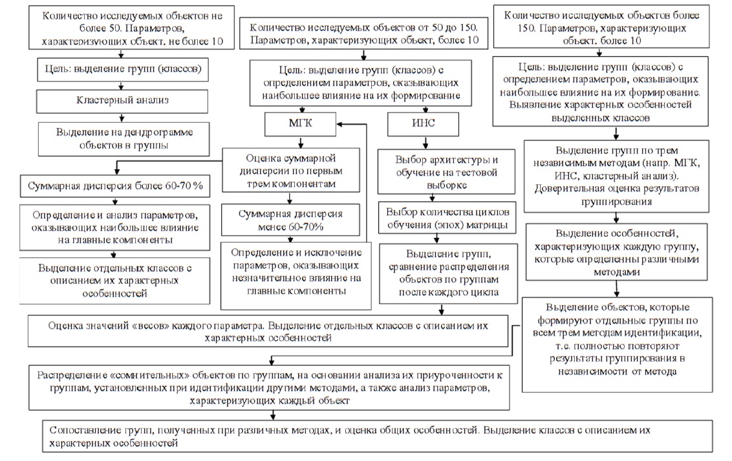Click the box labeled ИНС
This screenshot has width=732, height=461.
click(x=414, y=123)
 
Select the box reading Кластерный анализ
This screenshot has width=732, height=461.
click(x=123, y=100)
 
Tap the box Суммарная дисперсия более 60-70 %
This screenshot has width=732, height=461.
click(x=115, y=187)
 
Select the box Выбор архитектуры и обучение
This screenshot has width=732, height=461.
click(x=447, y=171)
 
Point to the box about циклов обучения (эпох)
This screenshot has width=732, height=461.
click(x=448, y=219)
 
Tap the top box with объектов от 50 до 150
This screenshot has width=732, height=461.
click(x=359, y=34)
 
